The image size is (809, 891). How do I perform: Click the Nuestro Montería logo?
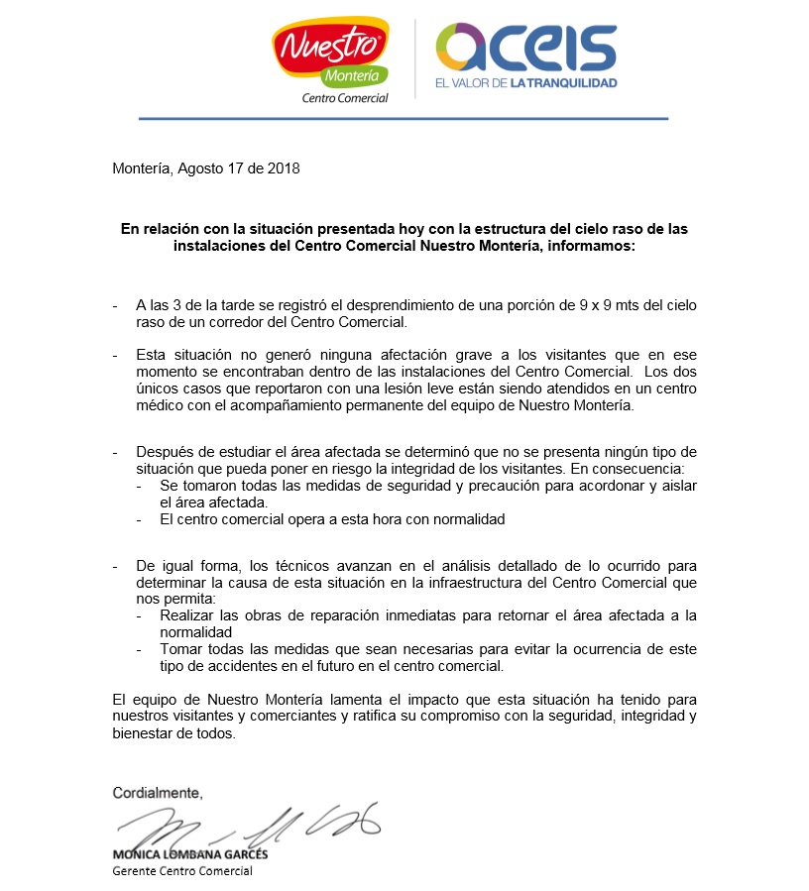(x=329, y=56)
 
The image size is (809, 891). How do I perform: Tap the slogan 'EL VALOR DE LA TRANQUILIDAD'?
(x=525, y=83)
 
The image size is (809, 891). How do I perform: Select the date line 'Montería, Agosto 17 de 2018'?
(x=206, y=168)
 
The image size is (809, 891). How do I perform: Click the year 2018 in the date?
(x=283, y=168)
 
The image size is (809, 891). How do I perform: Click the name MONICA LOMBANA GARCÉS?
(x=189, y=854)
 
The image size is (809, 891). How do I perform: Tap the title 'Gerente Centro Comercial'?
(x=182, y=871)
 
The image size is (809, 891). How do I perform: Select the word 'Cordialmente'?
(x=157, y=793)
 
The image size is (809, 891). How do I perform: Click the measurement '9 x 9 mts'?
(x=601, y=305)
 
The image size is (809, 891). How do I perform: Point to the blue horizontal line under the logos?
(x=404, y=119)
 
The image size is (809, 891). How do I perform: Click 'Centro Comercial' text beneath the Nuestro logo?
(x=344, y=97)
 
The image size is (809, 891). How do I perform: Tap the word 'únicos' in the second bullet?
(x=158, y=390)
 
